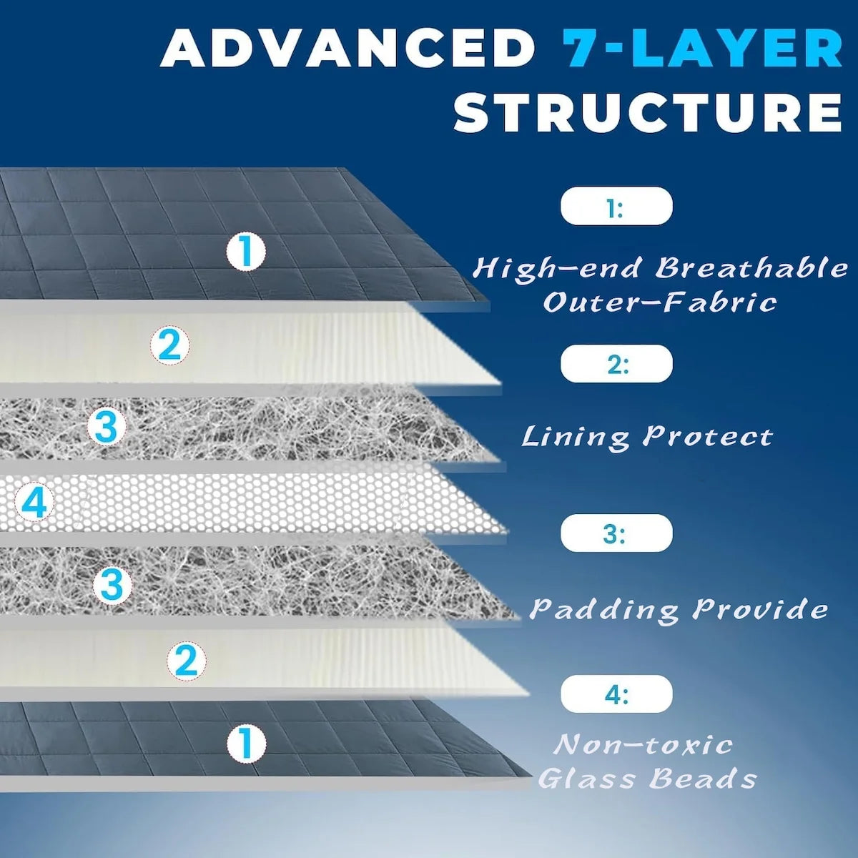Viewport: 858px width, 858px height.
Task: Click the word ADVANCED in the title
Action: (348, 49)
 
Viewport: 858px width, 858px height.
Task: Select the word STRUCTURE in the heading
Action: (649, 112)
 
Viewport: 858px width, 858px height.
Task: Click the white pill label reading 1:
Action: (616, 207)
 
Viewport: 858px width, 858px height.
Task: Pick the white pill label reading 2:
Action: (616, 364)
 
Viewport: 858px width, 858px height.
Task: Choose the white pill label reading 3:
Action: (616, 533)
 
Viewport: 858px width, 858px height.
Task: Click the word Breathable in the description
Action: (751, 268)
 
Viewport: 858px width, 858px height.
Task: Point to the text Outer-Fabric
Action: (659, 302)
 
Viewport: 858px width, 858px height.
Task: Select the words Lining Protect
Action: (647, 436)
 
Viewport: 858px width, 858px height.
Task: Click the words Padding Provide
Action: (678, 609)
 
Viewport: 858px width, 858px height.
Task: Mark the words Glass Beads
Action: (647, 778)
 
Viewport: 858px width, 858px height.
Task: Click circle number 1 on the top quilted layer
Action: (245, 252)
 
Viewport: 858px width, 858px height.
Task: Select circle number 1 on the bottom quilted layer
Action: (245, 743)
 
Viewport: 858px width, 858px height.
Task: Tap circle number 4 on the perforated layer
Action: (34, 503)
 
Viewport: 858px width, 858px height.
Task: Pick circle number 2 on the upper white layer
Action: (170, 346)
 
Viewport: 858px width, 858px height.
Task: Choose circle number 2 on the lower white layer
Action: (186, 660)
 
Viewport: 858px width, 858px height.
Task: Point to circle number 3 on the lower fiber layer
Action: (112, 586)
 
